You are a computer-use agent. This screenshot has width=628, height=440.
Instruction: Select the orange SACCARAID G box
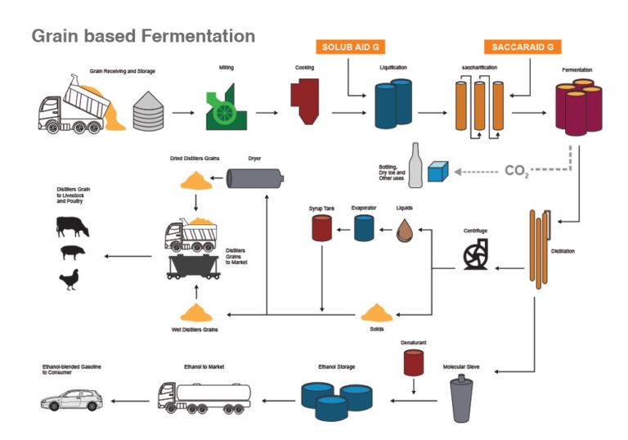click(518, 47)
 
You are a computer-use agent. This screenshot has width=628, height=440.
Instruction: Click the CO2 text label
click(516, 170)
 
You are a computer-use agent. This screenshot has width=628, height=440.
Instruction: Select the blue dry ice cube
click(438, 172)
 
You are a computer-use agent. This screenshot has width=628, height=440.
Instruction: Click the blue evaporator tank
click(364, 228)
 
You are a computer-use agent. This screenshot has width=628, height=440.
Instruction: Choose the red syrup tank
click(321, 228)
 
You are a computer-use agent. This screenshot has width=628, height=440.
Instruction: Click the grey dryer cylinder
click(254, 177)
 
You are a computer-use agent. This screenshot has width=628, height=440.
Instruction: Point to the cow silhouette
click(72, 227)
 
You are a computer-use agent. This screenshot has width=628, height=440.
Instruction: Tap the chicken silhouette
click(69, 280)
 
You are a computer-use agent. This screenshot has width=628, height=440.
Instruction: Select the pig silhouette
click(72, 254)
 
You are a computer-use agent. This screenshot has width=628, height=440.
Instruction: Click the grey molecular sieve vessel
click(462, 400)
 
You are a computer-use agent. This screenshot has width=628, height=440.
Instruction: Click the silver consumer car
click(72, 400)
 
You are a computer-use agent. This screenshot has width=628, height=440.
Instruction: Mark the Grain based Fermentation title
click(143, 37)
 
